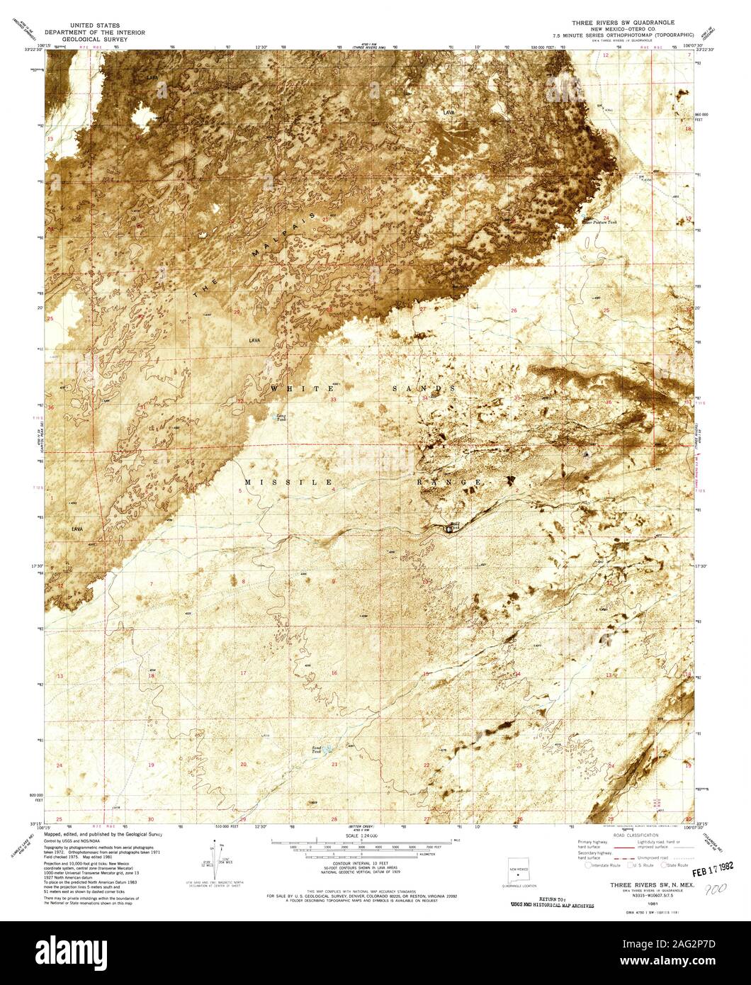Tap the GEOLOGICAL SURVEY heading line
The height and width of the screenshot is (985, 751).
94,40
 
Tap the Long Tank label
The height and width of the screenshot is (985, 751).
281,418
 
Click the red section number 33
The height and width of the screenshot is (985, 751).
333,400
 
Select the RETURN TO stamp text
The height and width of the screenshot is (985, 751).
552,899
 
